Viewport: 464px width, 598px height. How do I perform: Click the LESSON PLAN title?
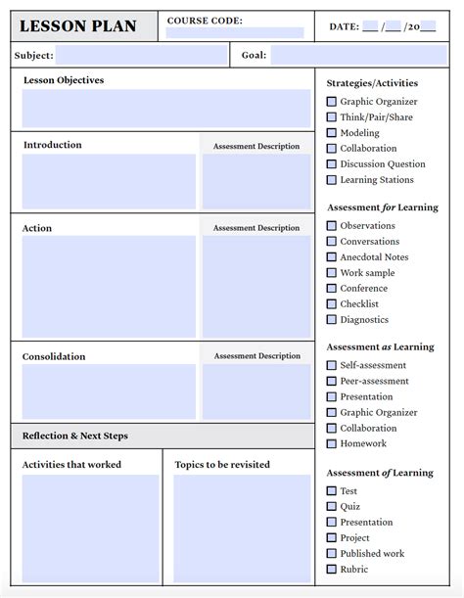78,26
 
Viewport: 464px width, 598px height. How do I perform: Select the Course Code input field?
235,32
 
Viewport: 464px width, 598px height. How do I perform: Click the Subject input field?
142,56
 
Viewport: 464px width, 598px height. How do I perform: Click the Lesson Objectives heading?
63,80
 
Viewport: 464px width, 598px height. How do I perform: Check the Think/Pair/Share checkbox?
332,117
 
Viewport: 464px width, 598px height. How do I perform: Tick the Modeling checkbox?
332,133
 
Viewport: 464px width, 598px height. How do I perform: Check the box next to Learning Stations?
332,180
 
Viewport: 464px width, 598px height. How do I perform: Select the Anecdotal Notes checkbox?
332,257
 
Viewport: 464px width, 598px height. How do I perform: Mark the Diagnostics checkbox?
332,320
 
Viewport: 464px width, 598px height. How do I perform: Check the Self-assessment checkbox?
332,366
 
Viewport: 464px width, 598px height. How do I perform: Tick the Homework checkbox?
332,444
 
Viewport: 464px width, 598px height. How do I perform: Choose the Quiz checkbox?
332,507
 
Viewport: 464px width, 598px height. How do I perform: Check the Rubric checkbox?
332,570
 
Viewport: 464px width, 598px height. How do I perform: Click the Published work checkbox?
332,554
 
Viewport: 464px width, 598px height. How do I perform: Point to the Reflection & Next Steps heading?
75,436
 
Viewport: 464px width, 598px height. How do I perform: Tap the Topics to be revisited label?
222,465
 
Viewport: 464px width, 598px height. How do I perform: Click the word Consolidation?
54,356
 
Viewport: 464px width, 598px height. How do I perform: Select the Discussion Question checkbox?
332,164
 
